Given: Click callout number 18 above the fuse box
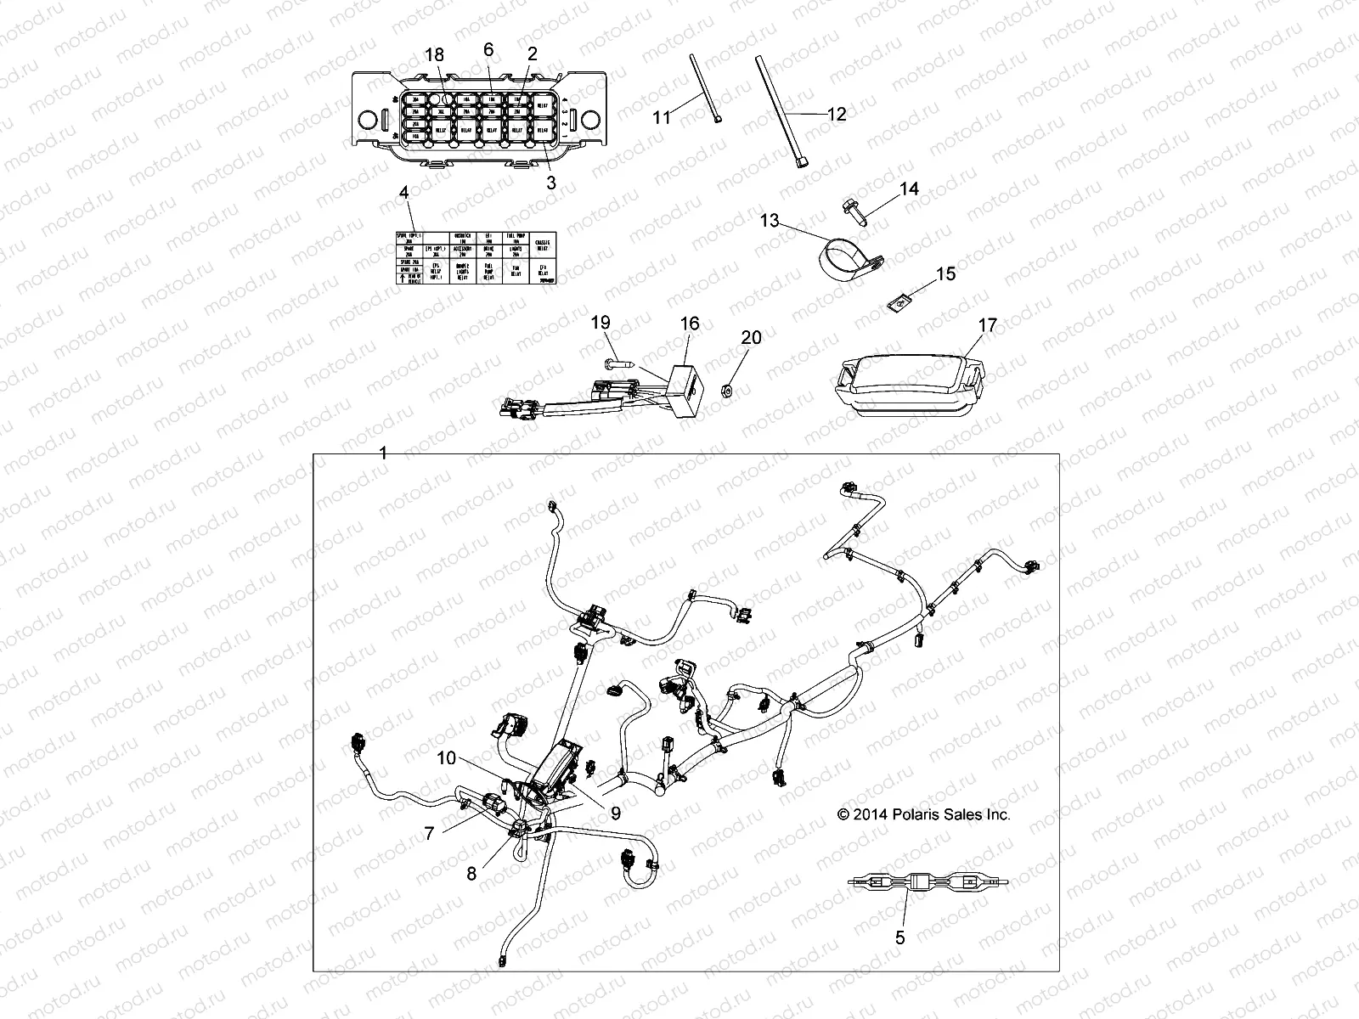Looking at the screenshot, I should click(434, 54).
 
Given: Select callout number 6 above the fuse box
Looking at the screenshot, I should click(488, 50).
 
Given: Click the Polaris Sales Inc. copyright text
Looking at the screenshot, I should click(924, 814).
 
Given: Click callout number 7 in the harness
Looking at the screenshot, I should click(430, 834).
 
